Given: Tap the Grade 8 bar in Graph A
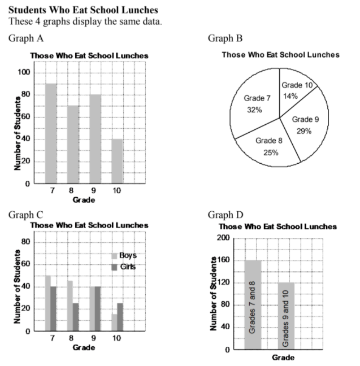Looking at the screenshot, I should point(73,145).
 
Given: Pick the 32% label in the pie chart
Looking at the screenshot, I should point(254,110).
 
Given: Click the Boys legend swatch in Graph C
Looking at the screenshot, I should point(114,255).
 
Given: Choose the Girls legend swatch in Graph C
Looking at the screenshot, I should point(114,267).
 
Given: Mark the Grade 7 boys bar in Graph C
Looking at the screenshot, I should point(48,303).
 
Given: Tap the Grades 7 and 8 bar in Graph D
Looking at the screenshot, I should point(253,304).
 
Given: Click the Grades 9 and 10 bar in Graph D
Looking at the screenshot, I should point(285,316).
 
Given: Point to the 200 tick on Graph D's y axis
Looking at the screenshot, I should point(222,238).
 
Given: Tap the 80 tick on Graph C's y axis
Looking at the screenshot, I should point(25,242).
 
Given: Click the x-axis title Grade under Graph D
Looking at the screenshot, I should point(283,357).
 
